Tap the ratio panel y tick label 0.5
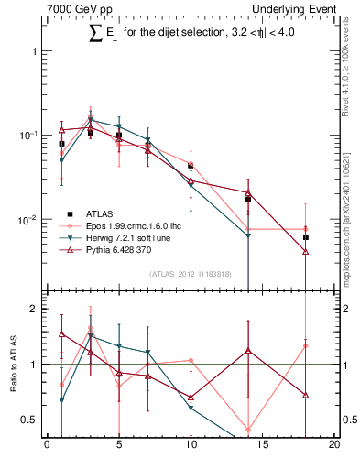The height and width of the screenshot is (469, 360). (x=30, y=420)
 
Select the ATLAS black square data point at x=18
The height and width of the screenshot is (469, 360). (x=306, y=237)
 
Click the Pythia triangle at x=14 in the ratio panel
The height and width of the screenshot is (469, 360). (x=248, y=351)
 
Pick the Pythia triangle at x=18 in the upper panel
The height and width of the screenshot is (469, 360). (x=306, y=251)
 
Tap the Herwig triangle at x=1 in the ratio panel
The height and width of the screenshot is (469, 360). (x=61, y=400)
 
